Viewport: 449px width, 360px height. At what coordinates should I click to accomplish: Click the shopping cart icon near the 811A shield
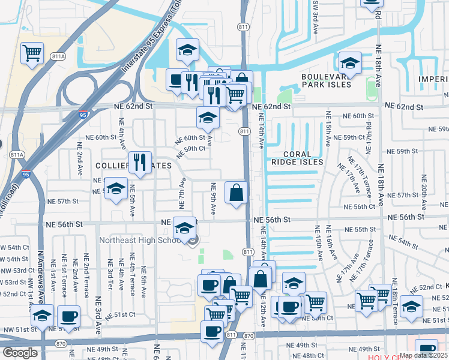(32, 53)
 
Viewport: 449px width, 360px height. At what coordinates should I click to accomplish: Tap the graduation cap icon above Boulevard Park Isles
(349, 62)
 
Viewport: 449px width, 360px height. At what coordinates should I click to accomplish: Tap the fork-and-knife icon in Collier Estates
(140, 163)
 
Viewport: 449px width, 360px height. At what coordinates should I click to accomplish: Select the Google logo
(19, 353)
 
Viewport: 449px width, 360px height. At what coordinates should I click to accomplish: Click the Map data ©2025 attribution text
(423, 355)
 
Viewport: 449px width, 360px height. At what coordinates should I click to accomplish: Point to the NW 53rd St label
(14, 281)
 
